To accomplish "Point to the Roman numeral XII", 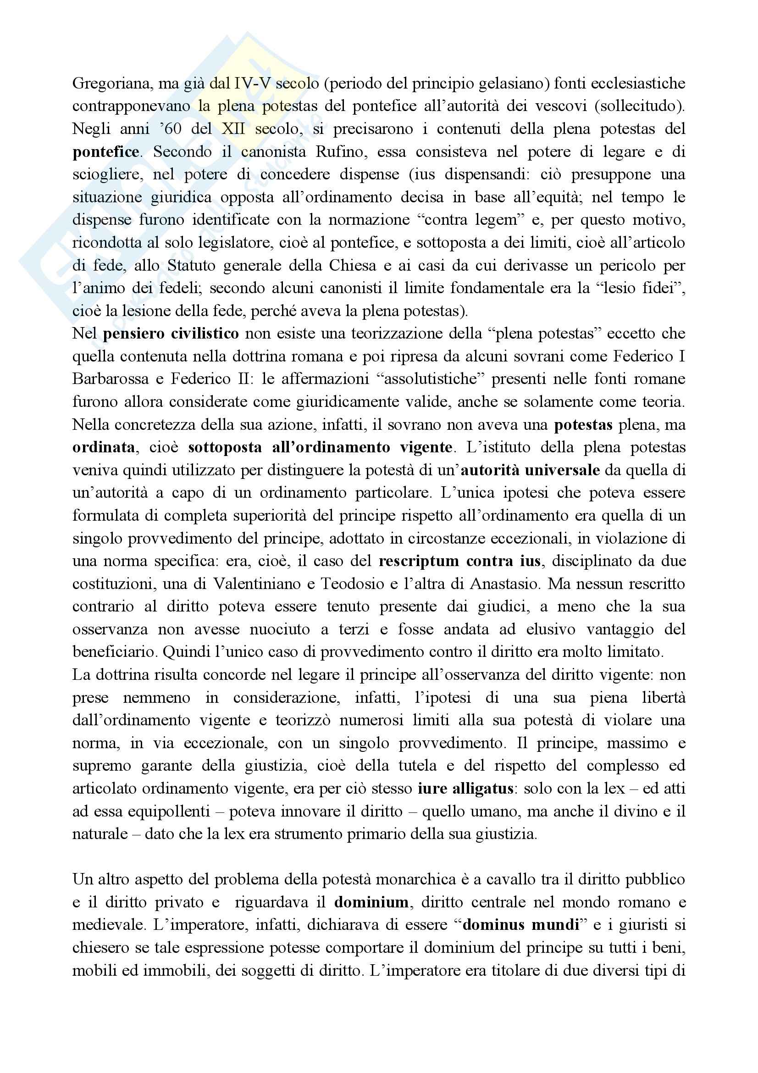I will tap(233, 129).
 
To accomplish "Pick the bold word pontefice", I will tap(105, 152).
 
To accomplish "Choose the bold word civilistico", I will tap(205, 334).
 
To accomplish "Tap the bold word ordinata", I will tap(103, 447).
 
